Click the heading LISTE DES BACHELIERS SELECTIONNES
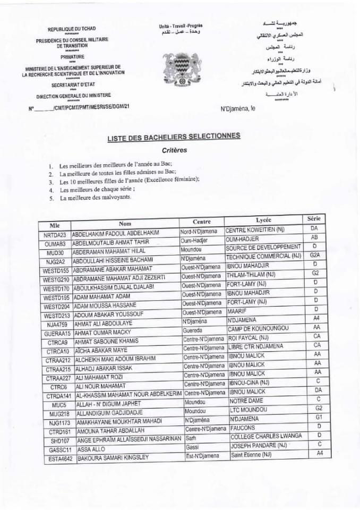pos(174,137)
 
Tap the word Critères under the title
pos(175,150)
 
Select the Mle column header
pos(54,225)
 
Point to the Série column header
pos(313,218)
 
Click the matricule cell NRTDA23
pos(55,234)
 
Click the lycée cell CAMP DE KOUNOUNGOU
pos(258,328)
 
